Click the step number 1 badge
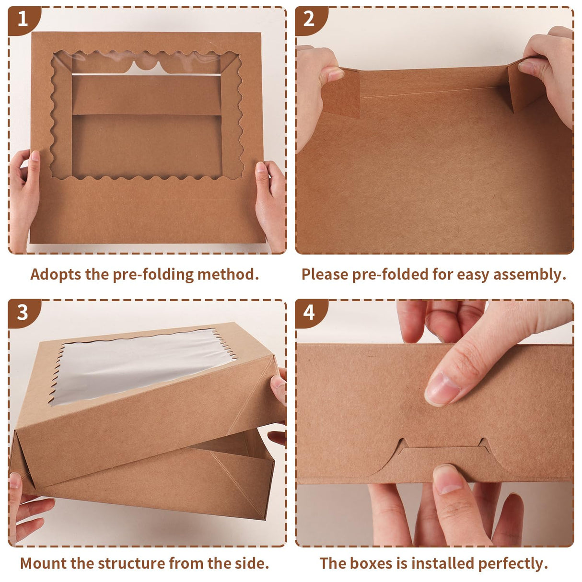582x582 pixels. pyautogui.click(x=22, y=19)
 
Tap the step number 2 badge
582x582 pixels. pyautogui.click(x=309, y=19)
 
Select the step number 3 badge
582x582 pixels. pyautogui.click(x=22, y=313)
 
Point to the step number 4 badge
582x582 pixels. pyautogui.click(x=309, y=313)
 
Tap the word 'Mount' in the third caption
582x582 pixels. pyautogui.click(x=44, y=563)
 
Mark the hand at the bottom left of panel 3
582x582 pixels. pyautogui.click(x=26, y=508)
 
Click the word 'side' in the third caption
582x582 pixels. pyautogui.click(x=250, y=563)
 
